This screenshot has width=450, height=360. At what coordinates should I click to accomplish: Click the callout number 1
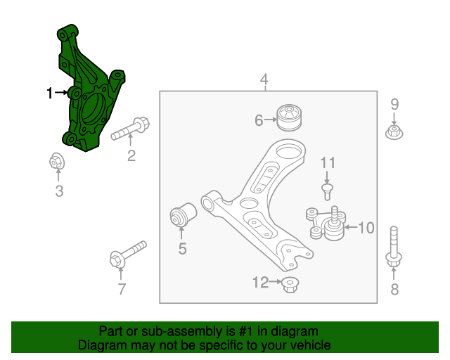pyautogui.click(x=50, y=93)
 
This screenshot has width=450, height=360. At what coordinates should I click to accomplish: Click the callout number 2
pyautogui.click(x=131, y=156)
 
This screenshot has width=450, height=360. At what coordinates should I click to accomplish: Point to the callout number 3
pyautogui.click(x=59, y=191)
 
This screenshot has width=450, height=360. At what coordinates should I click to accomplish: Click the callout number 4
pyautogui.click(x=264, y=79)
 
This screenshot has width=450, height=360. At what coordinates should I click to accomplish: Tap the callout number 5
pyautogui.click(x=182, y=247)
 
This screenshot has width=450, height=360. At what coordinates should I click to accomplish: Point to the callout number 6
pyautogui.click(x=259, y=121)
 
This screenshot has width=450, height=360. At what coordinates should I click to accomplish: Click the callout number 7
pyautogui.click(x=121, y=288)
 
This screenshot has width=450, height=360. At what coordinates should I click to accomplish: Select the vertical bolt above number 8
pyautogui.click(x=394, y=247)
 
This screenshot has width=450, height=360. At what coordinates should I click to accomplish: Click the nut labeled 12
pyautogui.click(x=288, y=284)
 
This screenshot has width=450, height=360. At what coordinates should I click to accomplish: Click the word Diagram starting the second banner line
pyautogui.click(x=101, y=345)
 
